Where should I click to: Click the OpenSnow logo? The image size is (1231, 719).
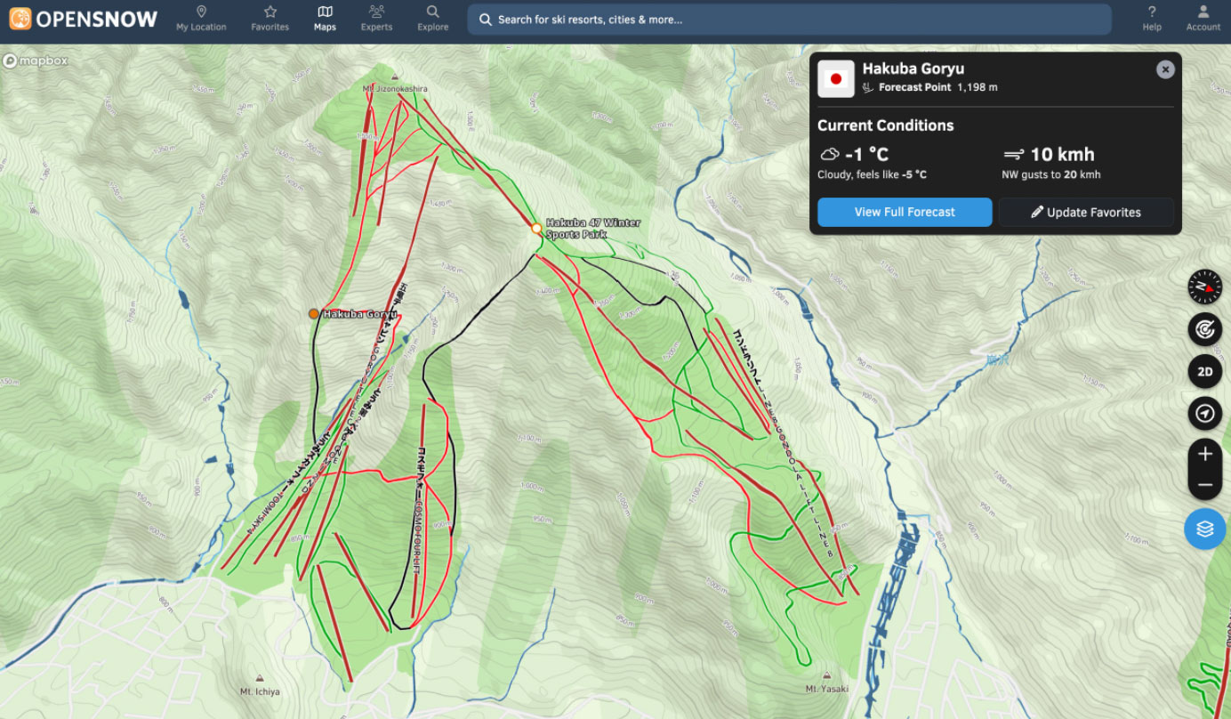[84, 18]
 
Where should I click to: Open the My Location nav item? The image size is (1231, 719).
[201, 18]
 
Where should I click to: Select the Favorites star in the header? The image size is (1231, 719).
[270, 18]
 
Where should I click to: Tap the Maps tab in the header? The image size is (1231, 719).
[325, 18]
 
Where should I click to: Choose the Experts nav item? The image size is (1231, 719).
[376, 18]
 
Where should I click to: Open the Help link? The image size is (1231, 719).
[1152, 18]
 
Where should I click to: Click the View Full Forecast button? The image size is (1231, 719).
[905, 212]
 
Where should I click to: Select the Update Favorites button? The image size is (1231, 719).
[1085, 212]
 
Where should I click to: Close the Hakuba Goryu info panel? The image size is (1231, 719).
[1165, 69]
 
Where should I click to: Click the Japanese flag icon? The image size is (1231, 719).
[835, 79]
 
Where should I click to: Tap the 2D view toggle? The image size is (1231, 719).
[1204, 372]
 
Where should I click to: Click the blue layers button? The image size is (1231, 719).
[1204, 529]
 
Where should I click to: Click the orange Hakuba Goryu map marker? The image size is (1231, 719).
[313, 313]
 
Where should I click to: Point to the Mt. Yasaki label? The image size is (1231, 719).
[826, 689]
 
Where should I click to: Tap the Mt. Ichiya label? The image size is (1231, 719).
[260, 691]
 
